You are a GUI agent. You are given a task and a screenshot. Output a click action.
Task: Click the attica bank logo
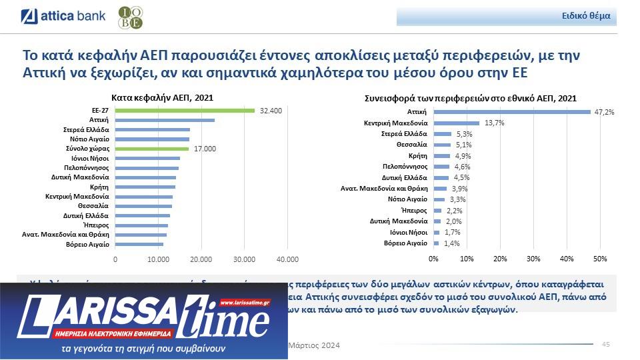[63, 15]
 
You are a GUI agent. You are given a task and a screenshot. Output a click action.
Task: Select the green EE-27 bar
[185, 110]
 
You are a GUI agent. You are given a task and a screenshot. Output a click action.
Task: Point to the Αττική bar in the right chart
[512, 112]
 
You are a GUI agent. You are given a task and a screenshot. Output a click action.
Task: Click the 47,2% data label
[604, 112]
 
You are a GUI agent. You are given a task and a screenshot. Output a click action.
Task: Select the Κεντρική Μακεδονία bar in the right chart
[457, 123]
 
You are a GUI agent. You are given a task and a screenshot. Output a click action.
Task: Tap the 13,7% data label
[494, 123]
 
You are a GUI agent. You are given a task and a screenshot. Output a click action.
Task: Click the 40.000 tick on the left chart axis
[287, 259]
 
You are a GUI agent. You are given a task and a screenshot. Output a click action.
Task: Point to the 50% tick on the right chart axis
[599, 258]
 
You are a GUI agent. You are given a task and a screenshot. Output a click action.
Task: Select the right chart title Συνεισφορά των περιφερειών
[470, 98]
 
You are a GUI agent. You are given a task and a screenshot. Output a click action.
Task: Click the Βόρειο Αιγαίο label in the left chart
[87, 245]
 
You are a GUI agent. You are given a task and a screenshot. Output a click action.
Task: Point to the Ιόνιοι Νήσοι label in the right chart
[409, 232]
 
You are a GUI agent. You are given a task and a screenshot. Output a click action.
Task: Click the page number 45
[606, 344]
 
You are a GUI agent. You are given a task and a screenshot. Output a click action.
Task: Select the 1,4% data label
[453, 244]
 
